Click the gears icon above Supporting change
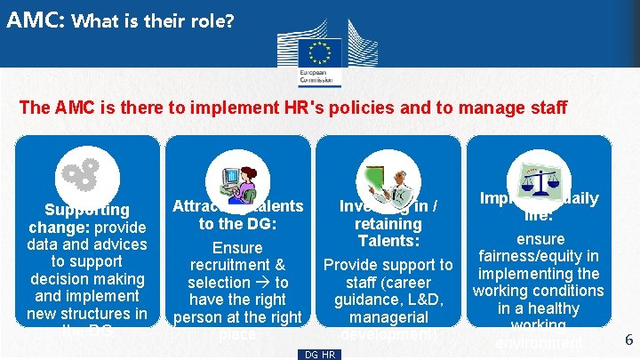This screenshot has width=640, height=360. (82, 174)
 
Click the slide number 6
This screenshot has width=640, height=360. (628, 340)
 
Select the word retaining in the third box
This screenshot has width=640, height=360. (388, 224)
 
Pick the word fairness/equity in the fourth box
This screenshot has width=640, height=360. (540, 257)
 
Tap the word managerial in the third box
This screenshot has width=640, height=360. (388, 316)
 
